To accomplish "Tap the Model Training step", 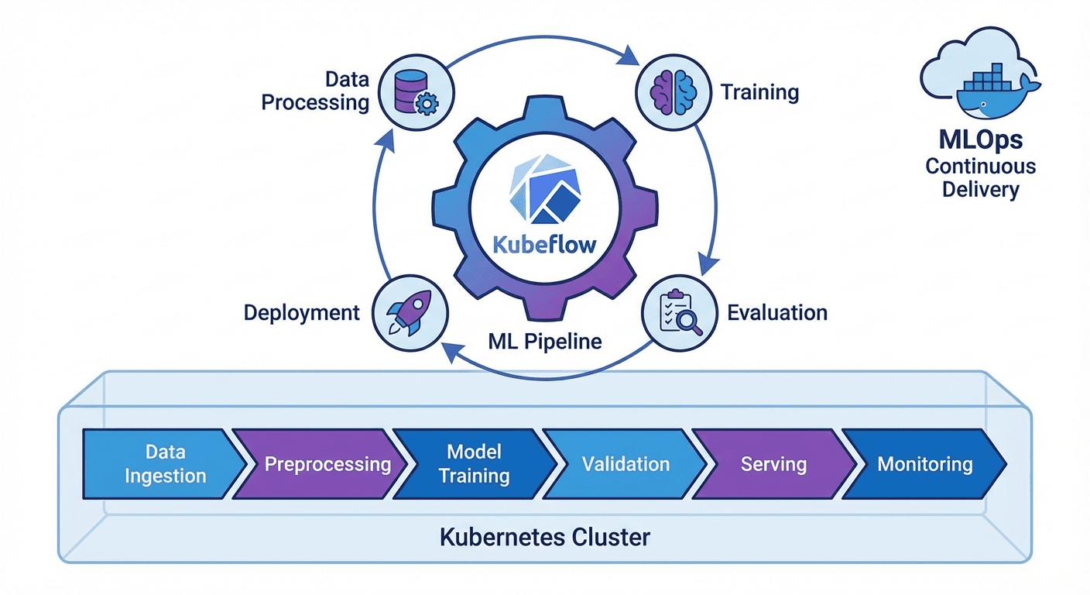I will [474, 464].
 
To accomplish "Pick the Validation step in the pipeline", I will [626, 464].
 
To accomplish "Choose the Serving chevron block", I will [774, 464].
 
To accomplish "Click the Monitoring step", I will [924, 464].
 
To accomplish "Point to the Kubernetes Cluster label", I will [545, 537].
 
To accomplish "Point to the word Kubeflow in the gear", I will [545, 246].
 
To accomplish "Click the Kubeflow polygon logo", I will [543, 189].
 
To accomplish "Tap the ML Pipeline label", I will [545, 341].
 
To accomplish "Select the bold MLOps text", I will [980, 139].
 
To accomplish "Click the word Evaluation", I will [777, 313].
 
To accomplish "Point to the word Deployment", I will [302, 313].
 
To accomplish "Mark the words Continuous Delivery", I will [980, 178].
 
